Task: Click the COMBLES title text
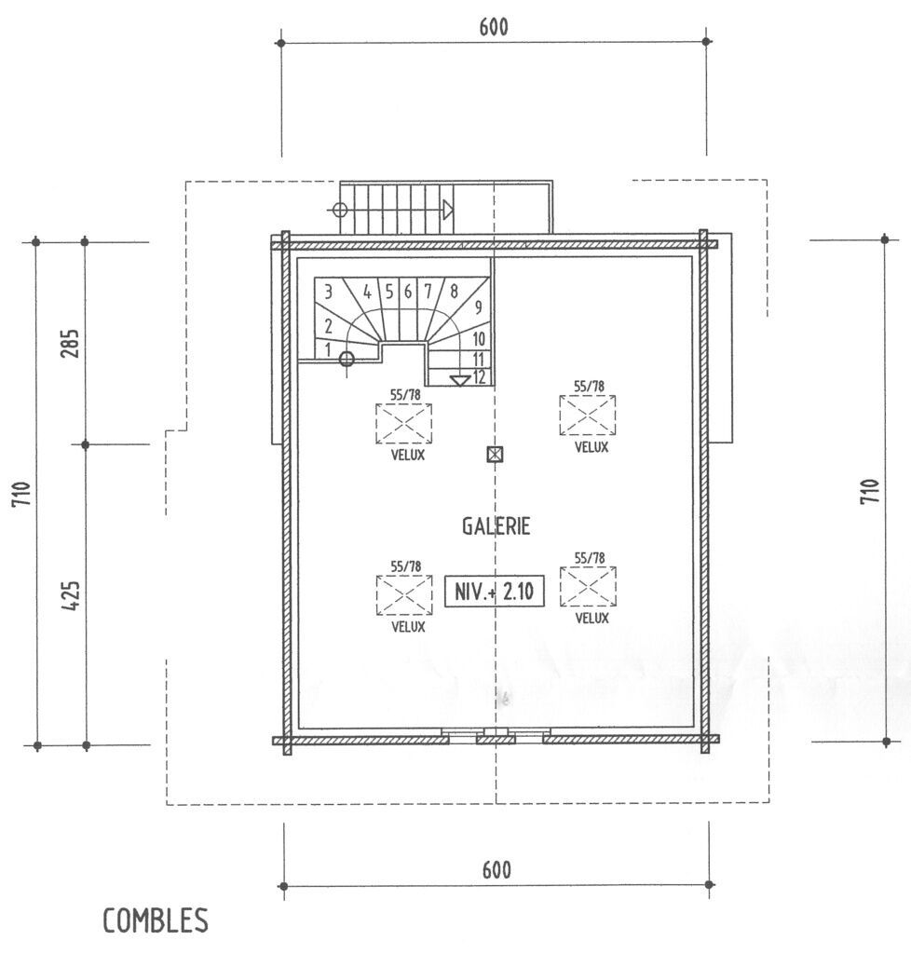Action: click(x=155, y=920)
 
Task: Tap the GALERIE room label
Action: click(x=496, y=526)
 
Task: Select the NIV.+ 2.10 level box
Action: click(x=494, y=591)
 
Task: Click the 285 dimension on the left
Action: click(x=71, y=343)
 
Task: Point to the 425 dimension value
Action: click(x=71, y=597)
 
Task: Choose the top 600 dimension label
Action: click(x=493, y=27)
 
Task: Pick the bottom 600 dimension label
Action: click(x=496, y=870)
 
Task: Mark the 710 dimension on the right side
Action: click(x=870, y=491)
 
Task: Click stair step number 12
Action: click(x=479, y=377)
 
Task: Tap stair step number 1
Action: click(x=328, y=350)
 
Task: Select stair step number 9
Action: click(x=479, y=307)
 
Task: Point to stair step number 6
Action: click(x=407, y=292)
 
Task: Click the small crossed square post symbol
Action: click(x=496, y=455)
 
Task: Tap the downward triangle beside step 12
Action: click(x=460, y=381)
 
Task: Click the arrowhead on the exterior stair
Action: click(x=448, y=210)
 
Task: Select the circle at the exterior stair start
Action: click(x=340, y=211)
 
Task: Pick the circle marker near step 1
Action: click(x=347, y=359)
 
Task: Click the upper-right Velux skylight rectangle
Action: click(x=588, y=416)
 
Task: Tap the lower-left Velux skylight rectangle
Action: click(x=404, y=595)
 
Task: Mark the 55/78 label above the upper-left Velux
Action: click(x=405, y=394)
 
